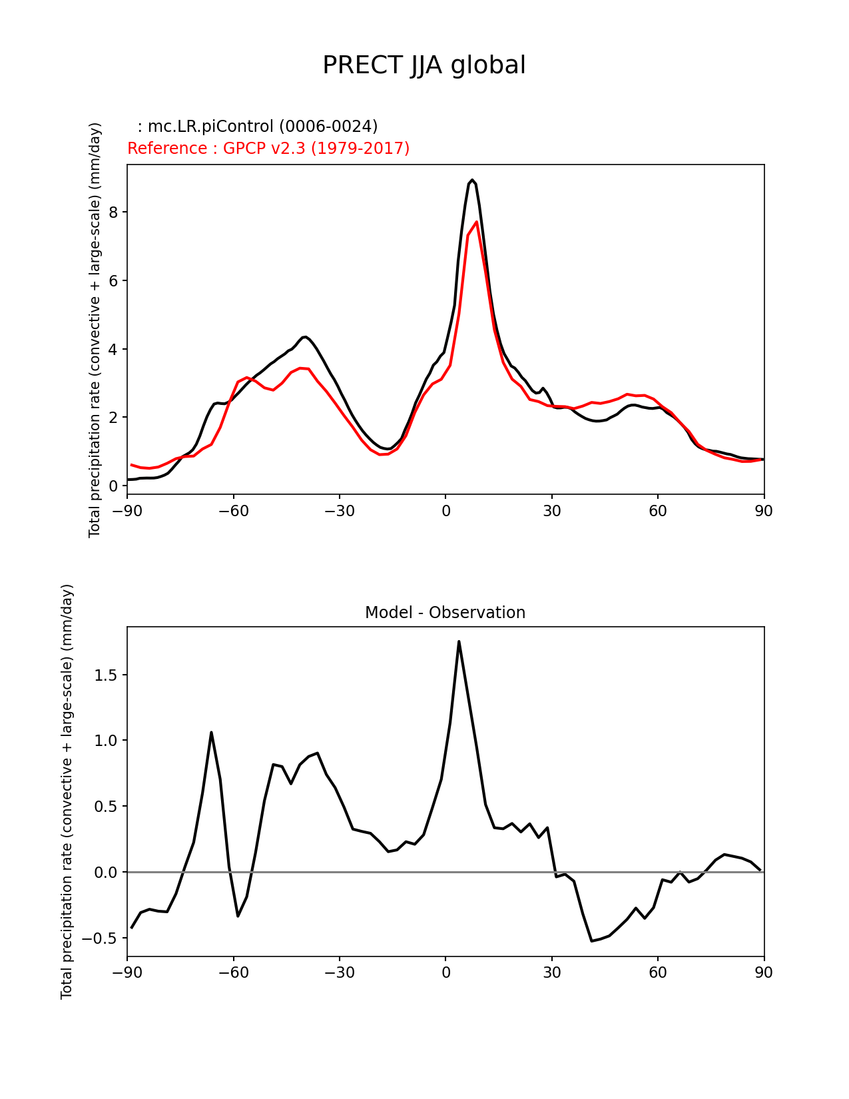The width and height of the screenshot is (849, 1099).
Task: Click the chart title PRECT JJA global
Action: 424,65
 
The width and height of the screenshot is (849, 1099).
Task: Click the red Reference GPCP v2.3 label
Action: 268,148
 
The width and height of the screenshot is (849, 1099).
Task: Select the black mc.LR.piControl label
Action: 258,126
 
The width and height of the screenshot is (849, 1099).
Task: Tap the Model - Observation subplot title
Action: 445,612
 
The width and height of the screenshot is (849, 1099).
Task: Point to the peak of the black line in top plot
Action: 472,180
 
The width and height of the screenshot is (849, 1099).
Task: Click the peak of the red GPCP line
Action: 477,222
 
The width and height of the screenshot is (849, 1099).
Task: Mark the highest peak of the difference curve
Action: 459,641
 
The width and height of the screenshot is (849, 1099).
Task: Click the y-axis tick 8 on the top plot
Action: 113,212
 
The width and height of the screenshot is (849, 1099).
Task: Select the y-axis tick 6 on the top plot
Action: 113,280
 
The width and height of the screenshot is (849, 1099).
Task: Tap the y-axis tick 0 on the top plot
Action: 113,486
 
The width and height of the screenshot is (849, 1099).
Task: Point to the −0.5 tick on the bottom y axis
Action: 100,938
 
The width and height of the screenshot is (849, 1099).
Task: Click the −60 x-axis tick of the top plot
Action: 233,511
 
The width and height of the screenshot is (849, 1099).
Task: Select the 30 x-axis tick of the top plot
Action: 551,511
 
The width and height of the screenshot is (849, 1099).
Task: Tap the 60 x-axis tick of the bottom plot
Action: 658,972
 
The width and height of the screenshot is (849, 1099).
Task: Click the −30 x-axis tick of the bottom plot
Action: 339,972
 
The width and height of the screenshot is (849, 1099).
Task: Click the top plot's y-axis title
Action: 95,330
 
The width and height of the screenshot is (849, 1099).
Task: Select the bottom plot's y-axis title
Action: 67,791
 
